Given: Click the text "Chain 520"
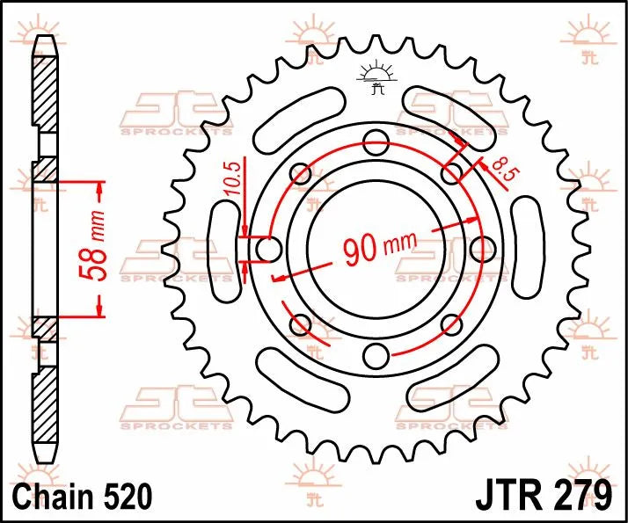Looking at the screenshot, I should coord(73,495).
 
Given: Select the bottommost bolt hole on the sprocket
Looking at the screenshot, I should coord(376,356).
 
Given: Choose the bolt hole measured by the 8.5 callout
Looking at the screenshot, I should coord(451,173).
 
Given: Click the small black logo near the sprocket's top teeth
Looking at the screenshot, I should coord(376,76).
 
